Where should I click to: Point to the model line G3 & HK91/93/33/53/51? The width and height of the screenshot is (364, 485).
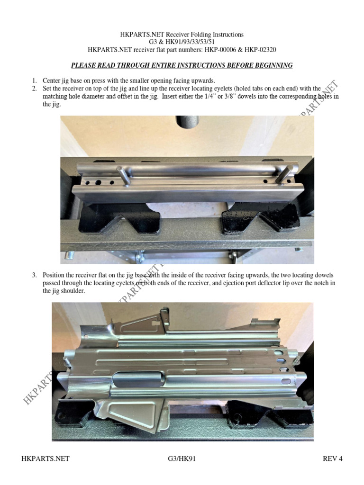click(182, 42)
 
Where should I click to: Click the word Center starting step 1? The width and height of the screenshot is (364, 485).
click(52, 81)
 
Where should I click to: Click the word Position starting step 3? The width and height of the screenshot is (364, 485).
click(54, 275)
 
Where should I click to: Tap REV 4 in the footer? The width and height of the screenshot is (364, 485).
click(332, 458)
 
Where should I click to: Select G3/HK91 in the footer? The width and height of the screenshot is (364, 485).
click(182, 458)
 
